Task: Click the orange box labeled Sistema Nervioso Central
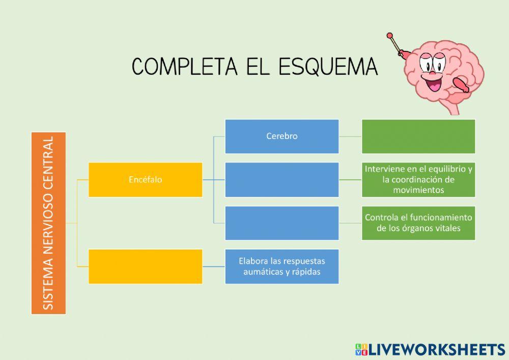(x=48, y=223)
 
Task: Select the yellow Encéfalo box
(x=145, y=179)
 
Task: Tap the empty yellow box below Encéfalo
(x=145, y=266)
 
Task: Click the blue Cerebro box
(x=281, y=136)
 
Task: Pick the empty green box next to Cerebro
(x=418, y=136)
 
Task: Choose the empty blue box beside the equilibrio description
(x=281, y=179)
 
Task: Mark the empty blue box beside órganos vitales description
(x=281, y=223)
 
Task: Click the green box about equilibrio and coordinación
(x=418, y=179)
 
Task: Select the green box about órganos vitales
(x=418, y=223)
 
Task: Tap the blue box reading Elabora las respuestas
(x=281, y=266)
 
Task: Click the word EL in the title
(x=256, y=67)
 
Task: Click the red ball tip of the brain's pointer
(x=390, y=36)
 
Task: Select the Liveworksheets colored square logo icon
(x=361, y=349)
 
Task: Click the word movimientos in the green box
(x=418, y=190)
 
